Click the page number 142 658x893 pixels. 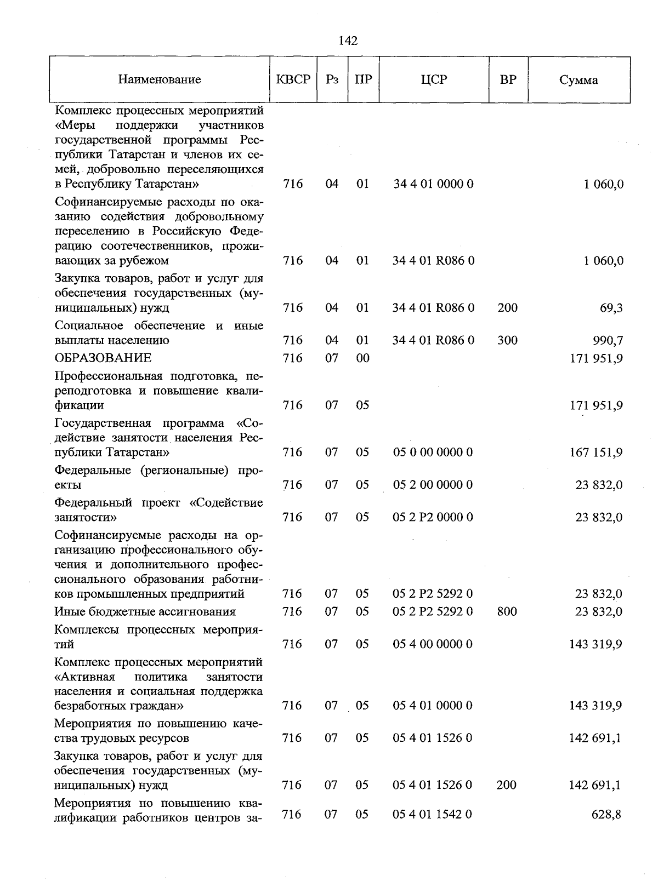tap(348, 41)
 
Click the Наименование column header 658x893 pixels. tap(160, 80)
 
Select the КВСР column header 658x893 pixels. tap(293, 80)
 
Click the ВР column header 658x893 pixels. tap(508, 80)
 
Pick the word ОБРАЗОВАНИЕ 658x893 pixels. tap(103, 358)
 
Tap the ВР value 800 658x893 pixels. tap(507, 611)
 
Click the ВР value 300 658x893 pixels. tap(507, 340)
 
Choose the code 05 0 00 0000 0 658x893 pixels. tap(433, 453)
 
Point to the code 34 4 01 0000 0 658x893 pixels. tap(433, 184)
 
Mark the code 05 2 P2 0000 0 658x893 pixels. tap(433, 517)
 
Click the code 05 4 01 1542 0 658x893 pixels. tap(433, 815)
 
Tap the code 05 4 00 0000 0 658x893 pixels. tap(433, 644)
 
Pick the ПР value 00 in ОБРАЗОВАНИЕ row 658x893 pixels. tap(362, 358)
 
